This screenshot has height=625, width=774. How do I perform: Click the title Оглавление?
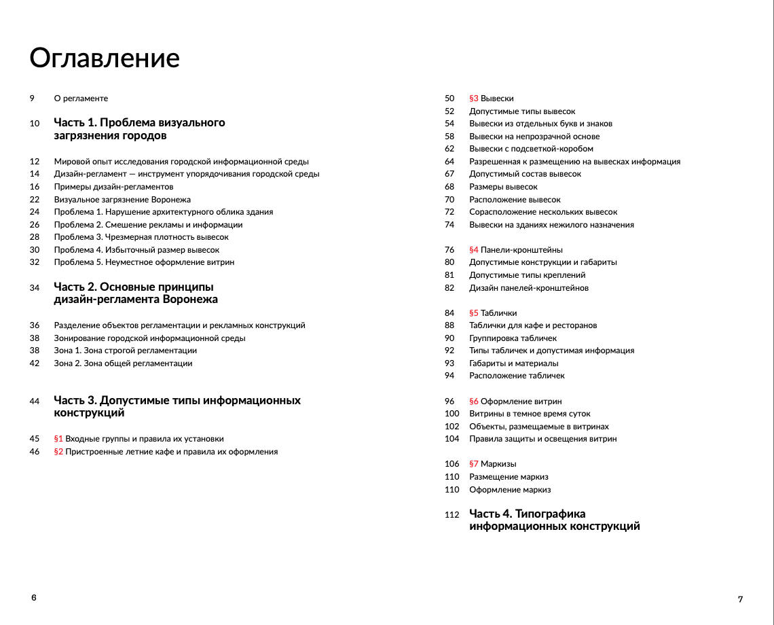point(105,58)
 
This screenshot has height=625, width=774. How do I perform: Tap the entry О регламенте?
point(81,99)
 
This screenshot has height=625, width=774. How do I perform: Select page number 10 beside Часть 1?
point(35,124)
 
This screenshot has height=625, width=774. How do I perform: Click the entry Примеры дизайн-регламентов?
point(113,187)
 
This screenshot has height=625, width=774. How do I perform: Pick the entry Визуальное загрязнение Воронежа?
point(122,200)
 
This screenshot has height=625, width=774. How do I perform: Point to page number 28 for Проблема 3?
point(35,237)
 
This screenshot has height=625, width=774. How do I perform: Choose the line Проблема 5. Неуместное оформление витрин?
point(144,262)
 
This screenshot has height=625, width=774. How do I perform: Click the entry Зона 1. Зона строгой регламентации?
point(125,351)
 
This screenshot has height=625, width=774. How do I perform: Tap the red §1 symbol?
point(58,439)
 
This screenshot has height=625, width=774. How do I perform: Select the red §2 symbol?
point(58,452)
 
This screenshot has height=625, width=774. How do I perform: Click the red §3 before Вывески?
point(474,99)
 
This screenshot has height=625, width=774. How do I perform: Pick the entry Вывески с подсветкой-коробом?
point(531,149)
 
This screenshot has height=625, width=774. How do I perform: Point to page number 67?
point(449,174)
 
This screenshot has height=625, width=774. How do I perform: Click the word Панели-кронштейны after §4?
point(521,250)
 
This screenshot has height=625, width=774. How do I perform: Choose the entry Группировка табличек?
point(513,338)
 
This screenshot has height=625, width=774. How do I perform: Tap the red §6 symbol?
point(474,401)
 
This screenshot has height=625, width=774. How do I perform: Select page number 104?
point(452,439)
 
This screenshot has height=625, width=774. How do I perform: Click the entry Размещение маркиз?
point(509,477)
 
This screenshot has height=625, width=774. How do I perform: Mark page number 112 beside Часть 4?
point(452,515)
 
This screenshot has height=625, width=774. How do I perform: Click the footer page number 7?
point(740,599)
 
